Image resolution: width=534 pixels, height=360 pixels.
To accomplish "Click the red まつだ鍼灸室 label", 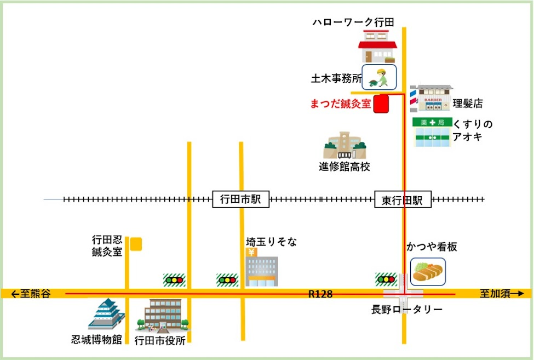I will coord(341,102).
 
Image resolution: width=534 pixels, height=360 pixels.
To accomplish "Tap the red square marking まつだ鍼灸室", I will coord(381,104).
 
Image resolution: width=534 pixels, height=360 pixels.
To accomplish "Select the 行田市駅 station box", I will coord(241,200).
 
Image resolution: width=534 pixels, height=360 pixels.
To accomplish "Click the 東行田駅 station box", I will coord(403,200).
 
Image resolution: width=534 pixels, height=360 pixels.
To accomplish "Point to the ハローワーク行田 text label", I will coord(353,21).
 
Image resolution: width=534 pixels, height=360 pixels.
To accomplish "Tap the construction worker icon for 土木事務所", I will coord(379,77).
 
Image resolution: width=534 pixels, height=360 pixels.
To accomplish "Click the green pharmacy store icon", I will coord(432,132).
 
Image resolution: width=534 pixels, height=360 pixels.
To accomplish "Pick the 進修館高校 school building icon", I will coord(344,145).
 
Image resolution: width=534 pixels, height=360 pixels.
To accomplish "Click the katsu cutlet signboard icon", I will coord(428,271).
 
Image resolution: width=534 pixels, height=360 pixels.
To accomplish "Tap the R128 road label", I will coord(320,294).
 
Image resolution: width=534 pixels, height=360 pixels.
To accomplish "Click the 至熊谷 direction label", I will coord(31,294).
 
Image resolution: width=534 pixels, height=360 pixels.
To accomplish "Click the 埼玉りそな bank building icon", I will coord(261,269).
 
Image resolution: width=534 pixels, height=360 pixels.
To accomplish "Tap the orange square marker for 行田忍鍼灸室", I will coord(136,244).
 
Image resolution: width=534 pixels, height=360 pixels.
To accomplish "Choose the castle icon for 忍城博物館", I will coord(106,315).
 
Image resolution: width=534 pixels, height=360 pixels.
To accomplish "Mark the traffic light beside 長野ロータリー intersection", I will coord(386,279).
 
